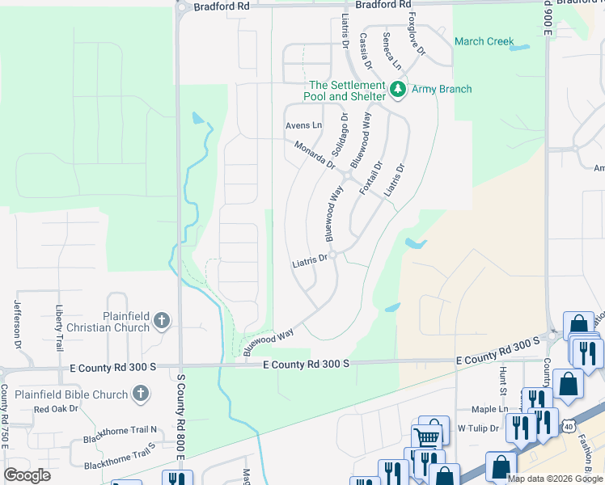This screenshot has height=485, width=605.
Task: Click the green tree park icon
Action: click(x=397, y=89)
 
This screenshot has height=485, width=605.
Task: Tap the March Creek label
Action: click(x=484, y=41)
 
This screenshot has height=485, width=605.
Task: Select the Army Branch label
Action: click(x=442, y=89)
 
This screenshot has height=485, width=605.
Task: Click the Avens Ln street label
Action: click(x=303, y=125)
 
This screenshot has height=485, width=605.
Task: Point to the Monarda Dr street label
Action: click(x=315, y=154)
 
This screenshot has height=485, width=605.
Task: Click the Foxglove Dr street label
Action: click(x=417, y=34)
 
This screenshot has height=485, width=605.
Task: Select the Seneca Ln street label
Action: click(x=392, y=50)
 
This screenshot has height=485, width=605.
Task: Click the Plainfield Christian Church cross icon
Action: click(x=162, y=322)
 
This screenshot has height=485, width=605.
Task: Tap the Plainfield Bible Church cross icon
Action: click(x=141, y=394)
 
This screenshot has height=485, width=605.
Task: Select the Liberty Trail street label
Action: click(x=59, y=327)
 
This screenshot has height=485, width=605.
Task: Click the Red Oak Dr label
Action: click(x=56, y=409)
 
